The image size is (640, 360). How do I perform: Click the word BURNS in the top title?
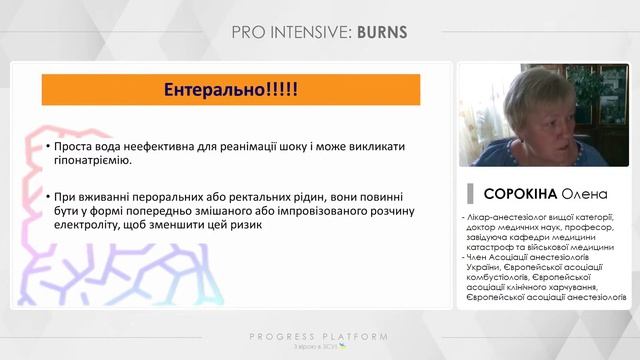382,32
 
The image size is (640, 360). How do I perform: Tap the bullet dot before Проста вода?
47,147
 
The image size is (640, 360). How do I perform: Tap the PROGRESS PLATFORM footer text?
319,337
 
